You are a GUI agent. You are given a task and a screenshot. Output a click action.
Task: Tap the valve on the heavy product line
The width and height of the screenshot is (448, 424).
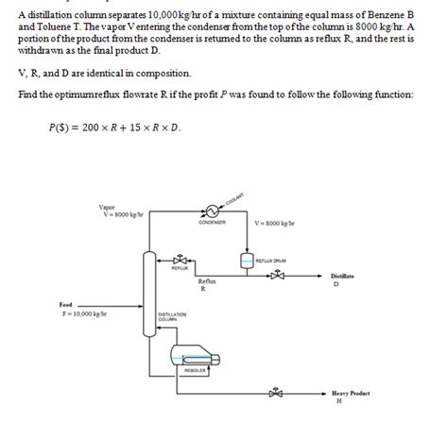coord(276,394)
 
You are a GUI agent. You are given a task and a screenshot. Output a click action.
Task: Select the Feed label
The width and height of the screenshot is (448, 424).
coord(65,304)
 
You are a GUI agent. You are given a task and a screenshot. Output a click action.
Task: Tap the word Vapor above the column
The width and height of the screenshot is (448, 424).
coord(106,207)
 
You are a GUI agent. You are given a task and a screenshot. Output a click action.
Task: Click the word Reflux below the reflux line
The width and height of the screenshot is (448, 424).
coord(207,281)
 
